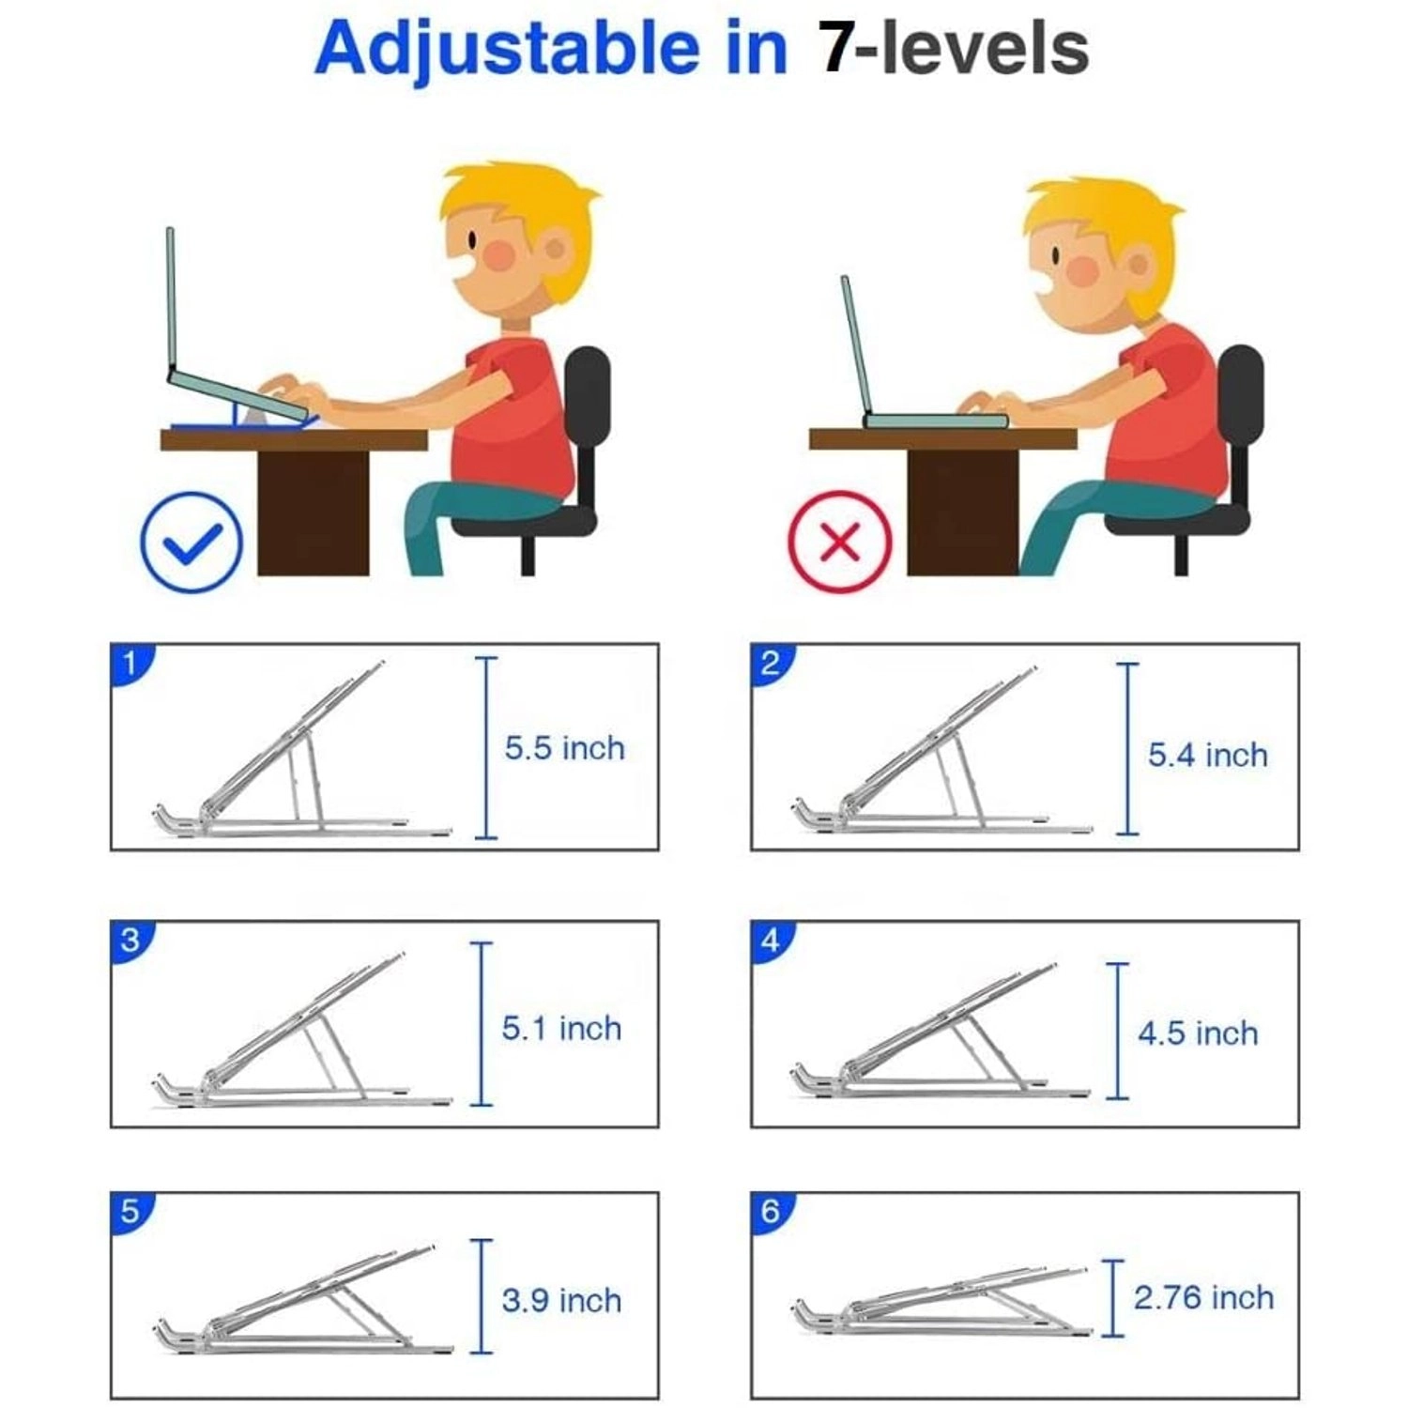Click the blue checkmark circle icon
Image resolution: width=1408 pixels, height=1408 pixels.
point(191,543)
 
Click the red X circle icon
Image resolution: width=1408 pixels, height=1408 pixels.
point(840,542)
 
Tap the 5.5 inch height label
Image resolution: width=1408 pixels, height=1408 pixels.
point(564,748)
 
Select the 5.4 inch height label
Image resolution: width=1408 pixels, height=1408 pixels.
point(1207,755)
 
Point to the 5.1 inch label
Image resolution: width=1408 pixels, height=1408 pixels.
point(561,1028)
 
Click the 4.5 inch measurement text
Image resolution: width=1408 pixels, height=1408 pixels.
point(1198,1033)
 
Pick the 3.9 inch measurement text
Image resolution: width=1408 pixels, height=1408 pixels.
point(561,1300)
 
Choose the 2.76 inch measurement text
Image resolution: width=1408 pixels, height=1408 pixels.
point(1203,1297)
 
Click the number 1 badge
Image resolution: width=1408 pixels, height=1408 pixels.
point(130,663)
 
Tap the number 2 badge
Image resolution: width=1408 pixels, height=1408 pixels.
point(770,663)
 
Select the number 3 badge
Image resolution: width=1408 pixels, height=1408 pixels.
point(130,940)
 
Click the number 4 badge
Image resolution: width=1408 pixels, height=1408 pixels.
point(770,940)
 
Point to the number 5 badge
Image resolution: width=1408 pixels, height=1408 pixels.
point(130,1211)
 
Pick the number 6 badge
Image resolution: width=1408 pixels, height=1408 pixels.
point(770,1211)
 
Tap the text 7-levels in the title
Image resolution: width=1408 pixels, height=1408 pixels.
point(954,48)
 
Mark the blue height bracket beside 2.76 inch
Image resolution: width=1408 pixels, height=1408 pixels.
point(1112,1298)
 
